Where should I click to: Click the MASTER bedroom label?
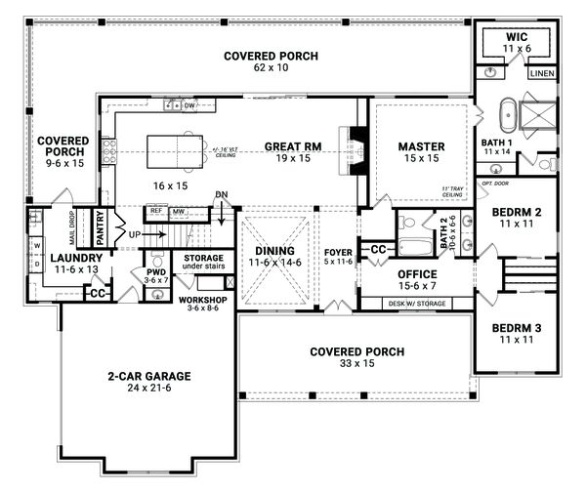click(x=421, y=146)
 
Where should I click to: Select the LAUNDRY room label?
click(x=57, y=258)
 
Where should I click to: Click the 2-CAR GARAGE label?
click(x=148, y=375)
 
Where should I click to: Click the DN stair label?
click(x=222, y=194)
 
